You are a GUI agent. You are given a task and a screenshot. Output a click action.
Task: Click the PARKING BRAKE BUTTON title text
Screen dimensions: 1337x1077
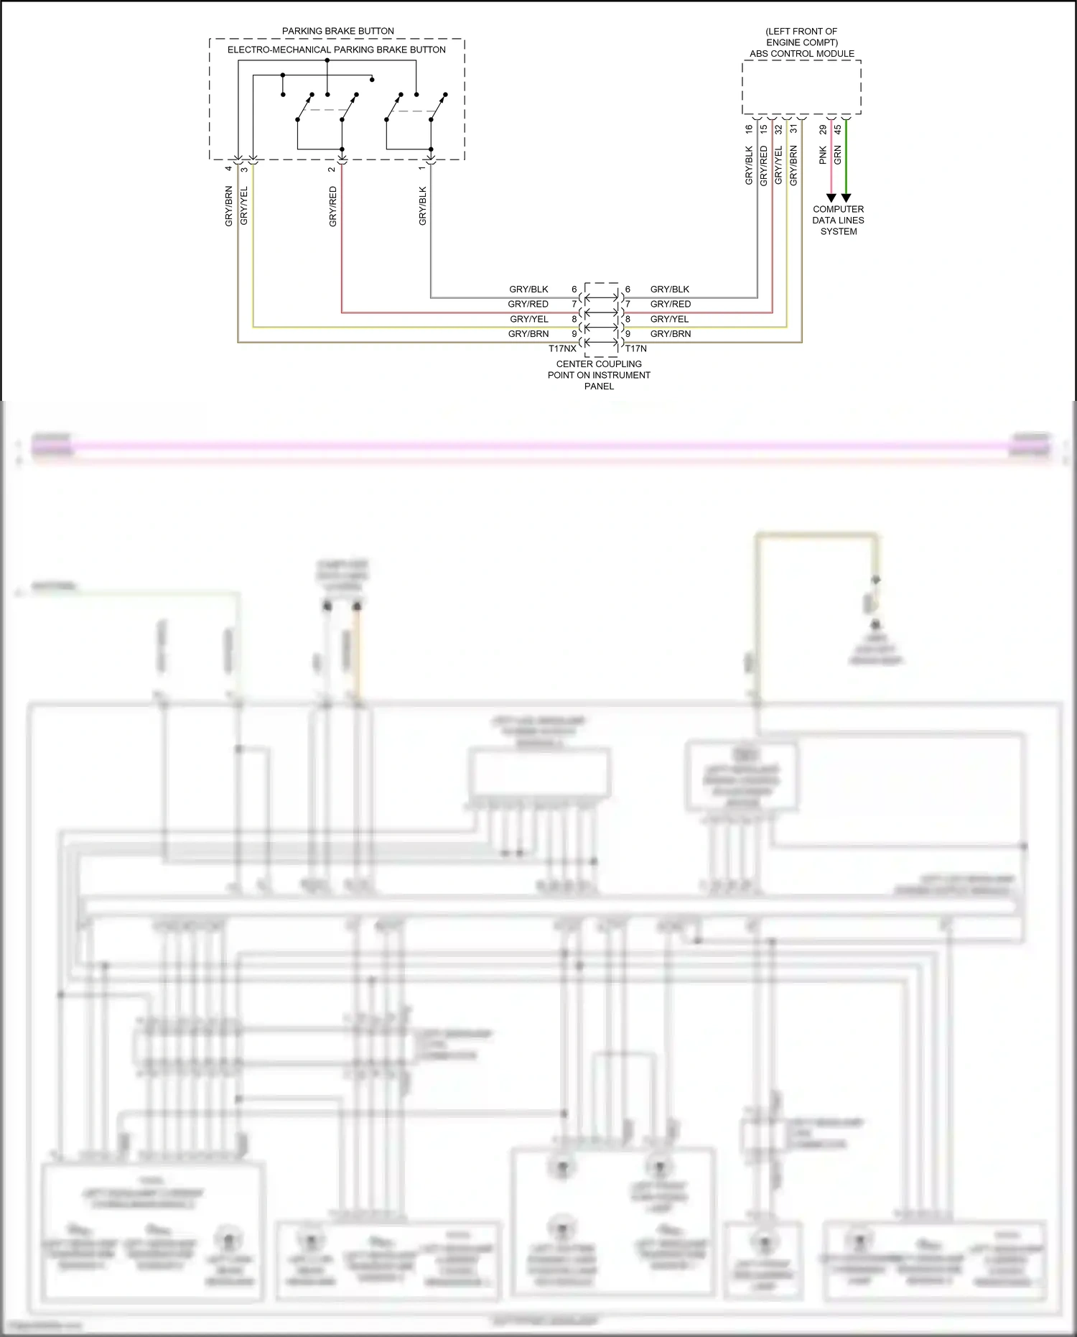click(x=337, y=31)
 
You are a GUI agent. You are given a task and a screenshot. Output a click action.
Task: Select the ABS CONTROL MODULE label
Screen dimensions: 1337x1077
click(x=801, y=54)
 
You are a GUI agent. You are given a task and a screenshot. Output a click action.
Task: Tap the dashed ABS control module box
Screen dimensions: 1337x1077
click(x=801, y=88)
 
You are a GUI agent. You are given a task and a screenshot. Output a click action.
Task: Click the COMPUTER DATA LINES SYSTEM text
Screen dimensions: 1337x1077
click(x=838, y=221)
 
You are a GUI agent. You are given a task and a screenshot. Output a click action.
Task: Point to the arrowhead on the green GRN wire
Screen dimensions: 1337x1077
click(x=846, y=198)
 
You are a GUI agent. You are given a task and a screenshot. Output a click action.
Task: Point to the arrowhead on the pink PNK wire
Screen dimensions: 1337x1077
click(x=831, y=198)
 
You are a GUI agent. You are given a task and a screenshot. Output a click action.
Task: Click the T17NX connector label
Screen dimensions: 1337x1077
click(x=562, y=348)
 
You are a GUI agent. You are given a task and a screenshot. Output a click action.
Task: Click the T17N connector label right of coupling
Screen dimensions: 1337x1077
click(x=635, y=348)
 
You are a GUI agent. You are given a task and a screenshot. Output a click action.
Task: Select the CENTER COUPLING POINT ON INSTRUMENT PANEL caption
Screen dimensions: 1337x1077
click(x=599, y=375)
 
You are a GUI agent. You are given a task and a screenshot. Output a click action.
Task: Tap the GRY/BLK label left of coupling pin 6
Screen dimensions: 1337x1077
click(x=528, y=290)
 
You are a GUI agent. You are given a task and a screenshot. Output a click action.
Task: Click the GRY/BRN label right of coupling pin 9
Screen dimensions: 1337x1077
click(x=671, y=334)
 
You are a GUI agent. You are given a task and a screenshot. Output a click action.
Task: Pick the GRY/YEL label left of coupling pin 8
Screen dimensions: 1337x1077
click(x=529, y=319)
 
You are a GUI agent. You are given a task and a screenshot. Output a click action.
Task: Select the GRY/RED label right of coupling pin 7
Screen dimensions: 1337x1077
click(x=671, y=305)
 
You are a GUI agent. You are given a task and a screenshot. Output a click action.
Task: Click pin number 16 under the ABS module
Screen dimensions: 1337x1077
click(x=749, y=129)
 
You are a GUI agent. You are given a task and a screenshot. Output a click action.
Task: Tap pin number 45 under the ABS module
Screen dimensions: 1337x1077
click(x=837, y=129)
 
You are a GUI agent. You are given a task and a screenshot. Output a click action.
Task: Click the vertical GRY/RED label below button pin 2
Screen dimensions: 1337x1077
click(x=332, y=207)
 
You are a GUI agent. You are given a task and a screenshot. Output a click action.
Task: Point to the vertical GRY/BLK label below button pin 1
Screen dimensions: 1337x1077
click(x=422, y=207)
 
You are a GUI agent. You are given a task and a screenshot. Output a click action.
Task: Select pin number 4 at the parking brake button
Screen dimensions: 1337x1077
click(x=228, y=169)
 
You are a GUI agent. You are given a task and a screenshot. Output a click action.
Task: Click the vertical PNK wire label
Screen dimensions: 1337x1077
click(x=823, y=155)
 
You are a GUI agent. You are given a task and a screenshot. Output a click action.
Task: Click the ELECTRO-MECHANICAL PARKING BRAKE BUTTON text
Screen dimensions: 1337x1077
click(x=336, y=50)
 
